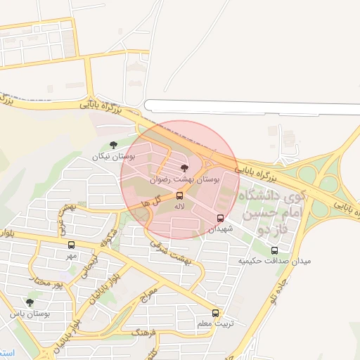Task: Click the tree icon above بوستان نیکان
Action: tap(113, 146)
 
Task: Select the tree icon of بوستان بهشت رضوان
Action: tap(184, 168)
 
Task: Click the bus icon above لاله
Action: tap(180, 195)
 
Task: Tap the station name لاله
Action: tap(180, 206)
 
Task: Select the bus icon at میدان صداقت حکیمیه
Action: tap(274, 250)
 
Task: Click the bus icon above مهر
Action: tap(71, 245)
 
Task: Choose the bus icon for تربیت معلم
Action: tap(215, 313)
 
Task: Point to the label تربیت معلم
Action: tap(214, 323)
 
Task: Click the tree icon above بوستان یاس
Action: tap(29, 302)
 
